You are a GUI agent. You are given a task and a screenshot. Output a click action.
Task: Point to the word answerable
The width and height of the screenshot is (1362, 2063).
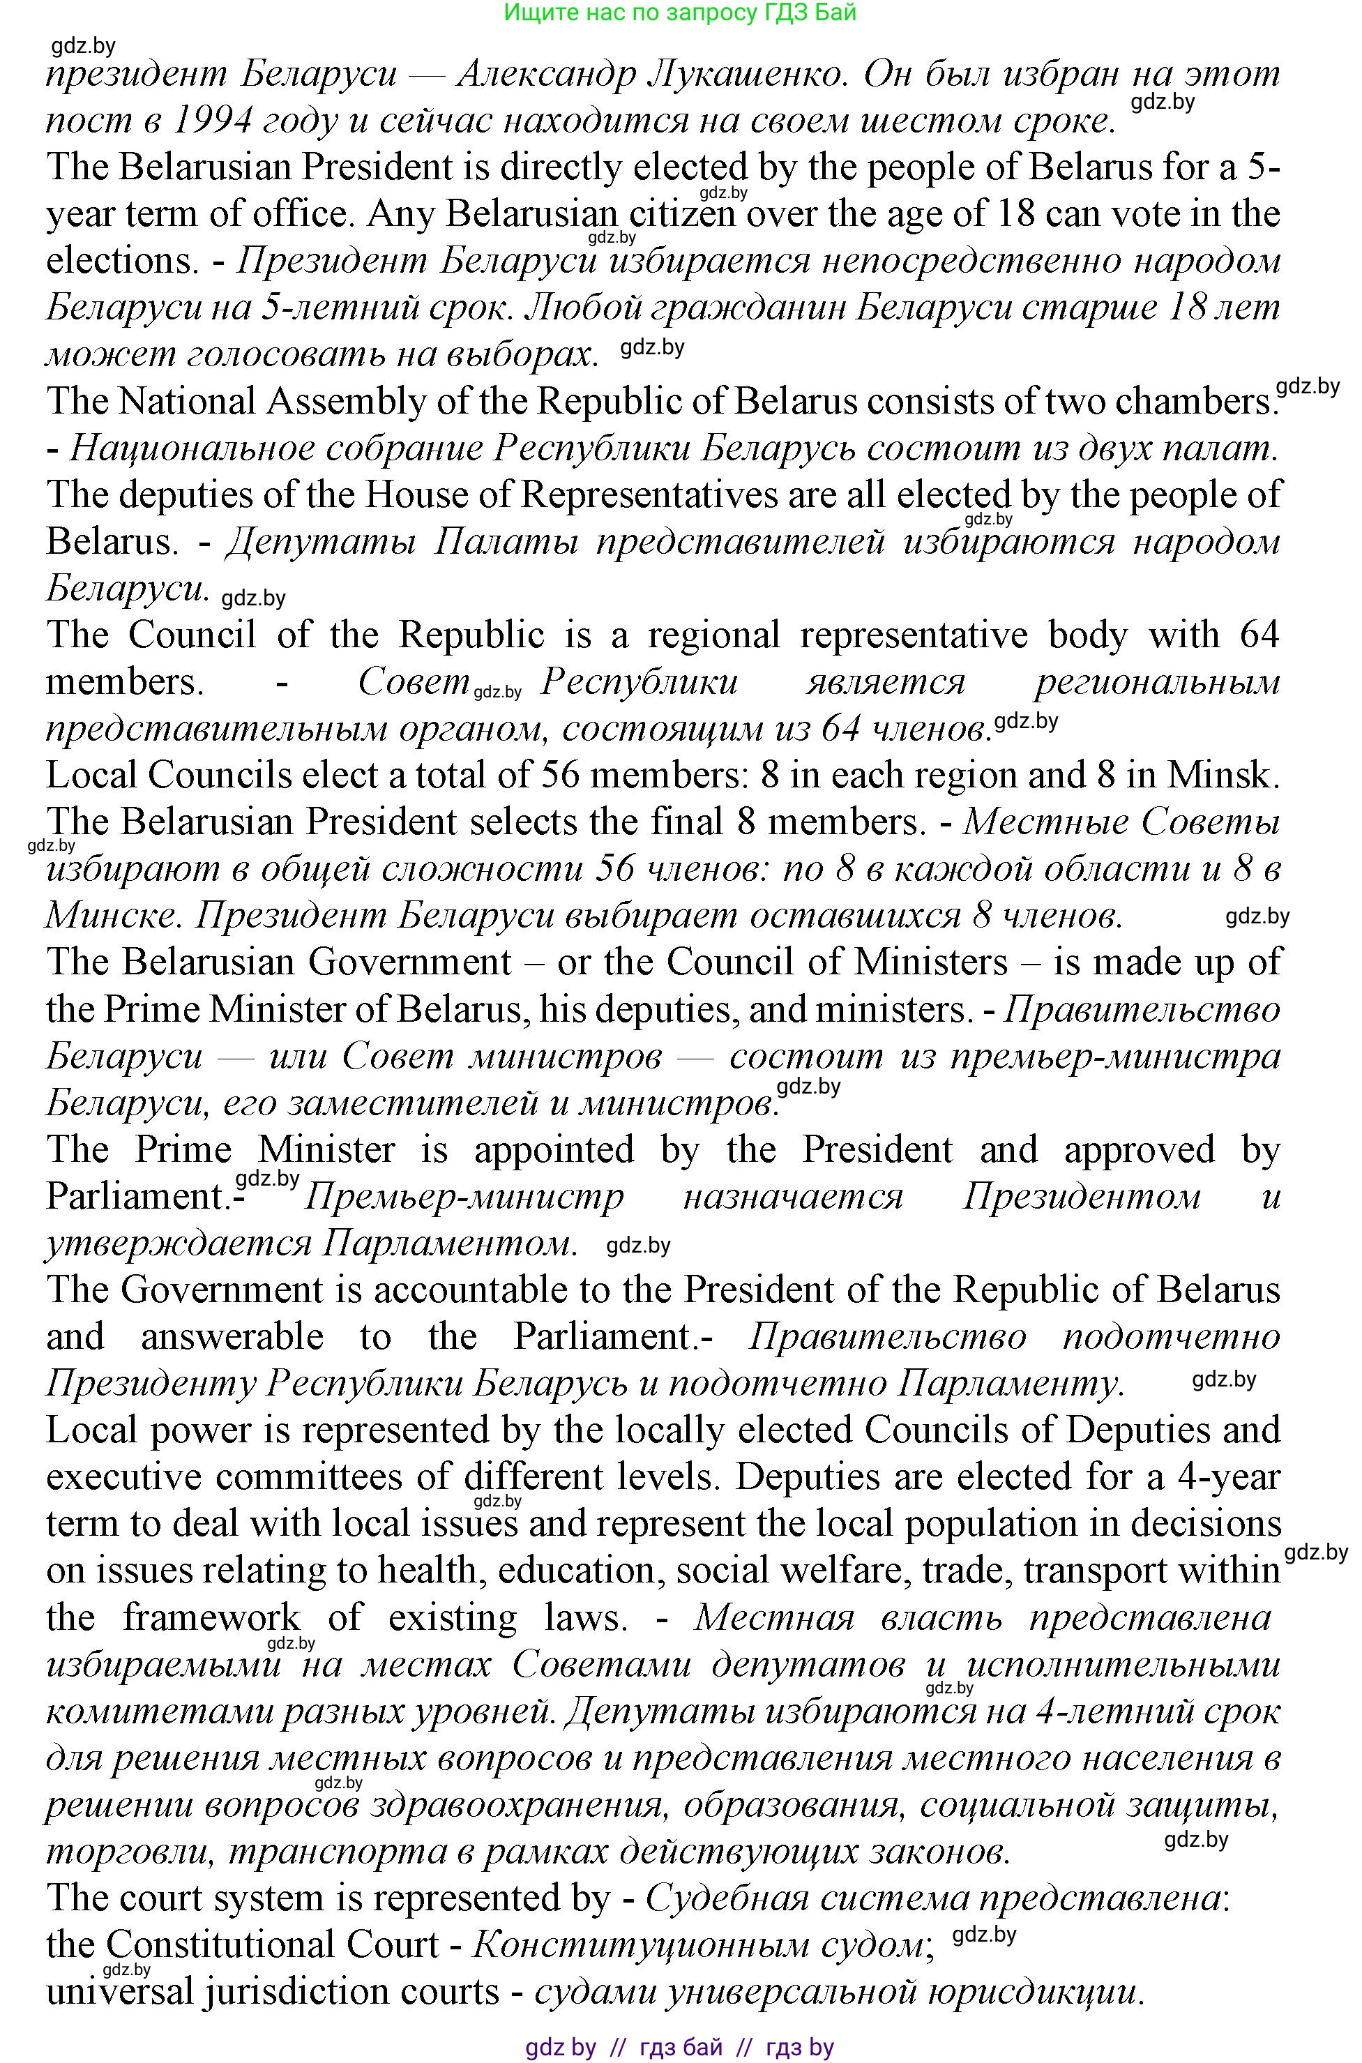point(232,1337)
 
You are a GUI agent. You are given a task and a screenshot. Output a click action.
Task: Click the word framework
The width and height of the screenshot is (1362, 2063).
point(211,1617)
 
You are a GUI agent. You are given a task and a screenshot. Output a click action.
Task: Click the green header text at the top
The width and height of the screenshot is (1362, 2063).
point(680,12)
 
